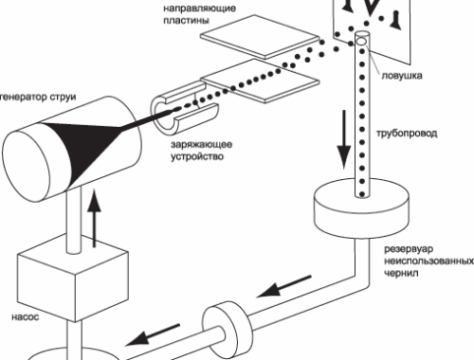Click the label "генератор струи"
pyautogui.click(x=38, y=97)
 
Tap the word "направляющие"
pyautogui.click(x=199, y=8)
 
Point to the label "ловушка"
pyautogui.click(x=401, y=76)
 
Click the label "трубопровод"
pyautogui.click(x=407, y=134)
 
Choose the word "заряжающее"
pyautogui.click(x=202, y=145)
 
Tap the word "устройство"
pyautogui.click(x=197, y=156)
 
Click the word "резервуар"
pyautogui.click(x=409, y=249)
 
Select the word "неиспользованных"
pyautogui.click(x=428, y=261)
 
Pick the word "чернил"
pyautogui.click(x=401, y=273)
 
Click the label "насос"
pyautogui.click(x=26, y=316)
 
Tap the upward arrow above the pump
pyautogui.click(x=94, y=218)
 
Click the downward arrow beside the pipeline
pyautogui.click(x=344, y=140)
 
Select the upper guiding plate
pyautogui.click(x=260, y=37)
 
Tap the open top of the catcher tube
pyautogui.click(x=362, y=41)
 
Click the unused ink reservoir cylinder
pyautogui.click(x=361, y=208)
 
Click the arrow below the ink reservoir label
pyautogui.click(x=283, y=286)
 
